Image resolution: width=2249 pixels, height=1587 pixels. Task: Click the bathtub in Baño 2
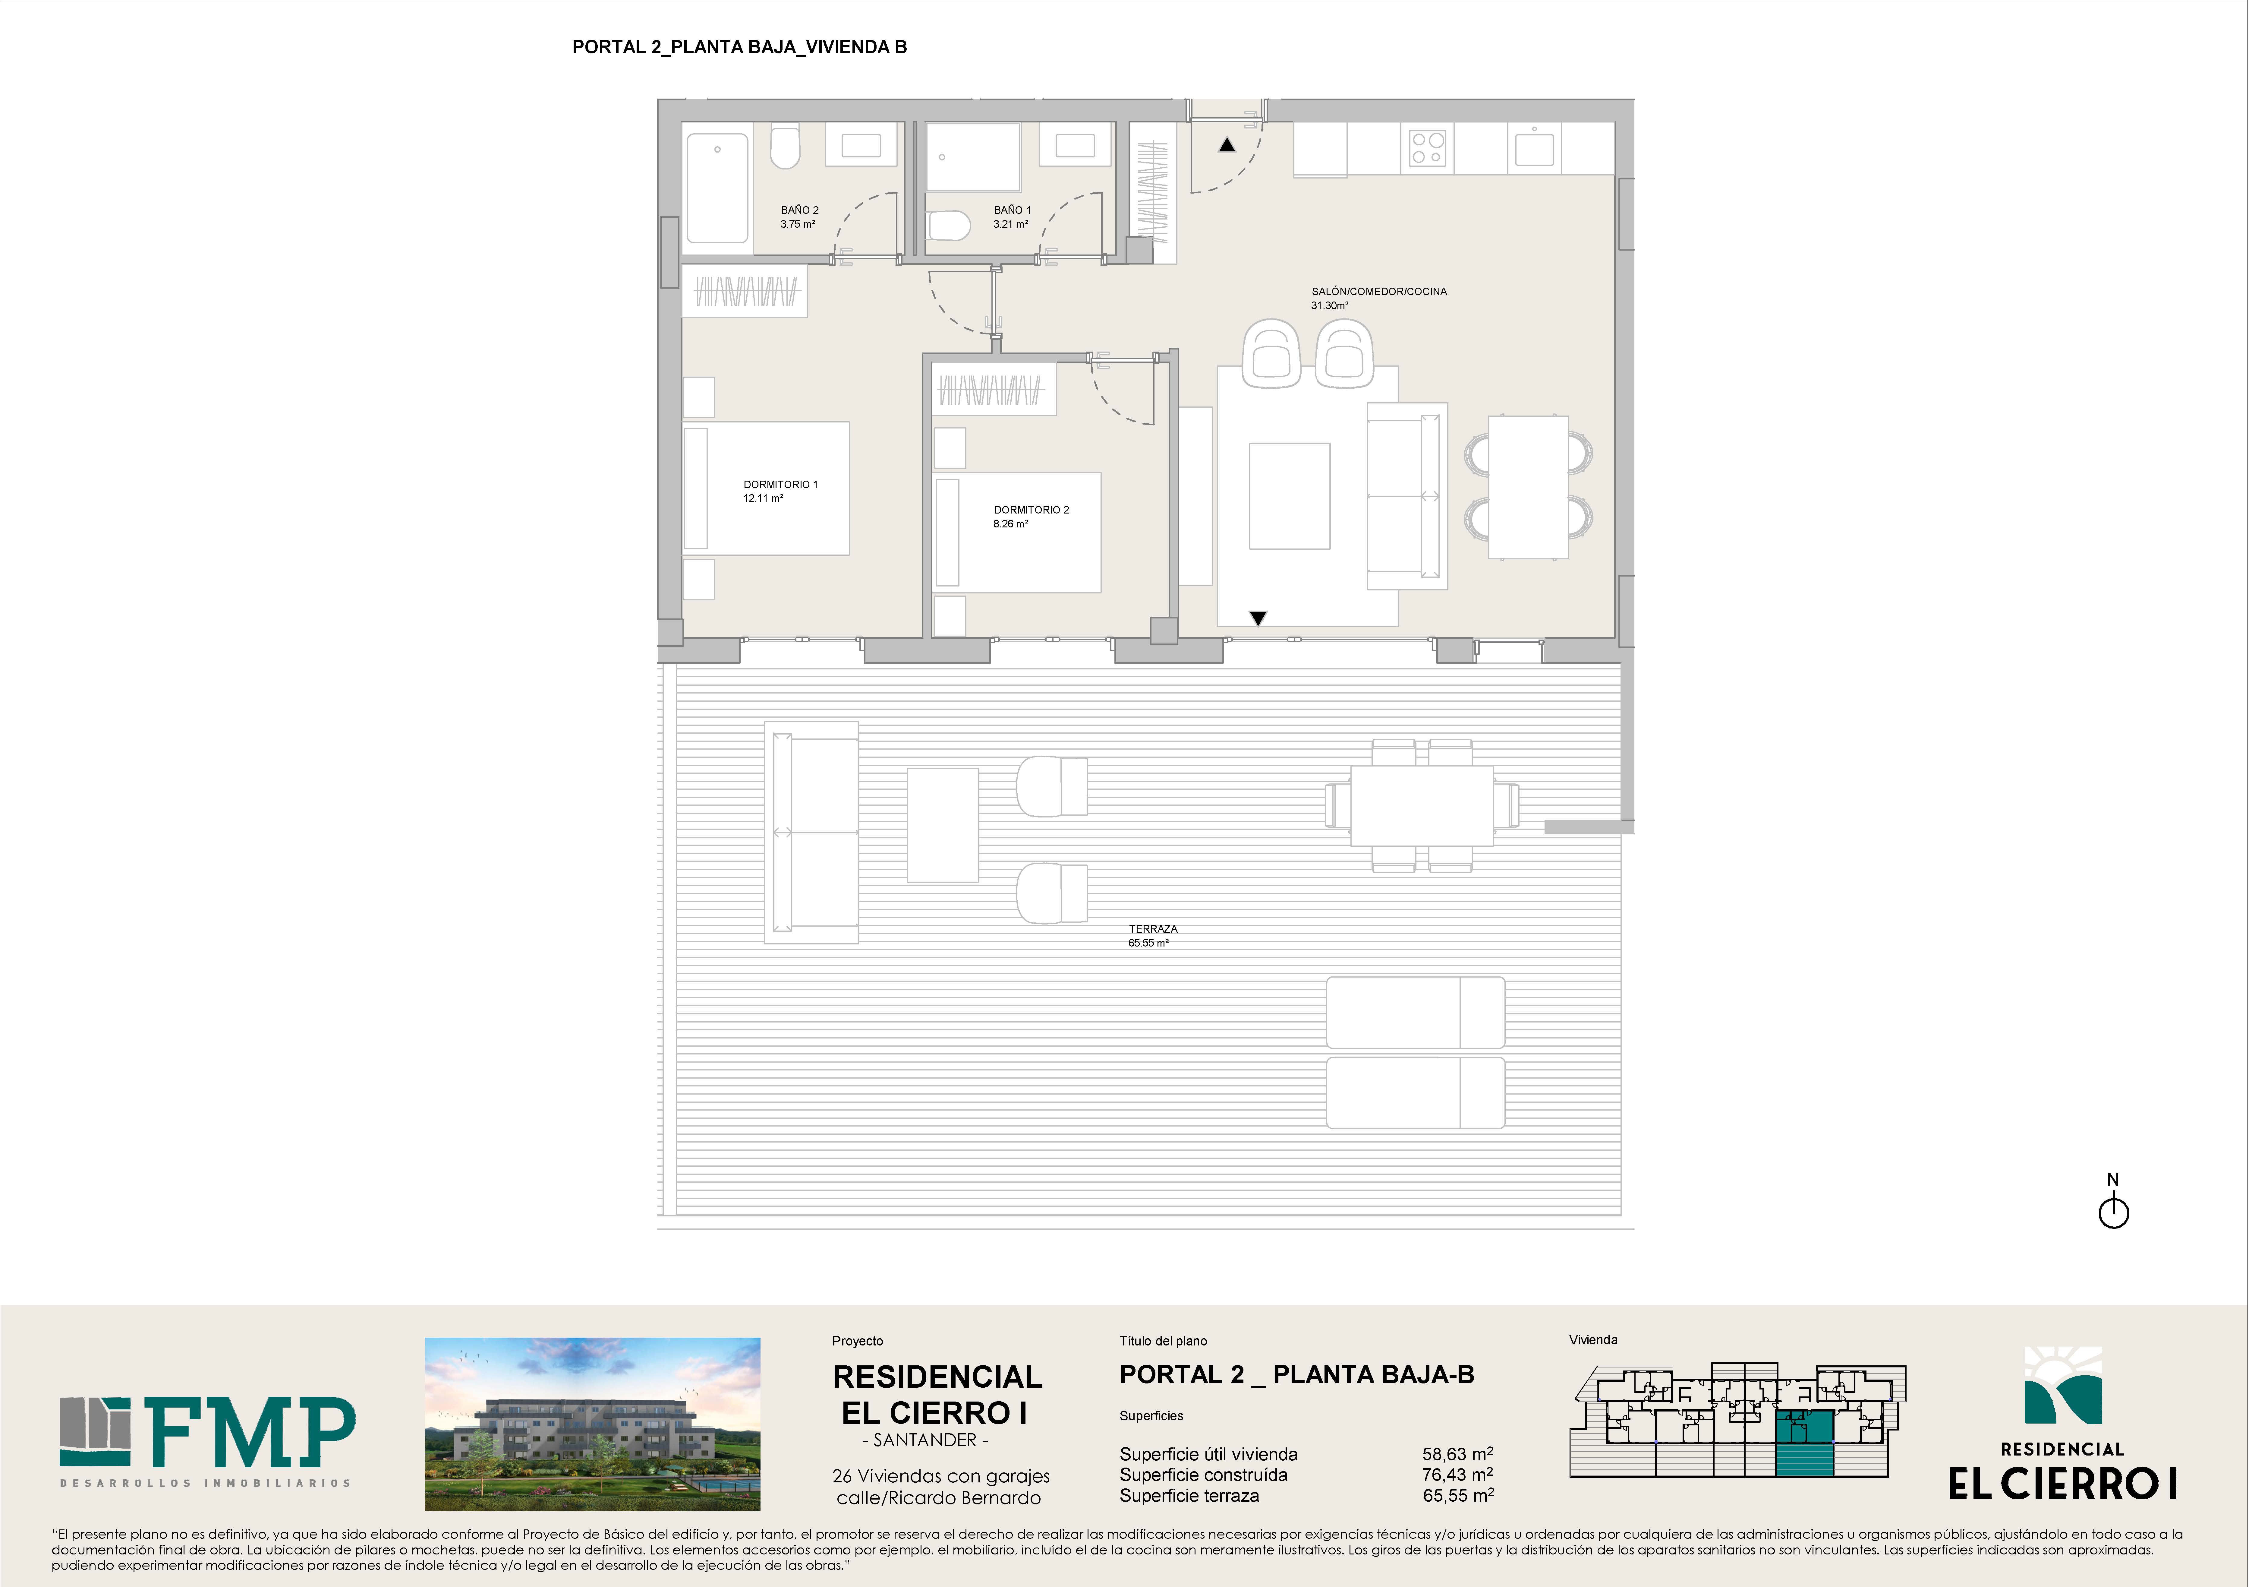718,187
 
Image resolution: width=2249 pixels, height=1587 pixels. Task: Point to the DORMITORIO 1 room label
780,491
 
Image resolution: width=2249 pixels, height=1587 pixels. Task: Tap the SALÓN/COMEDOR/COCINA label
1378,298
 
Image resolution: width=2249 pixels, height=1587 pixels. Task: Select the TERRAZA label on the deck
1152,936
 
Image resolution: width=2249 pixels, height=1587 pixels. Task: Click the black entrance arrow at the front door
1226,145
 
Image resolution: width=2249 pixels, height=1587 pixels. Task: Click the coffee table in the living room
1289,496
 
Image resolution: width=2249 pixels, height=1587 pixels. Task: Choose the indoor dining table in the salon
1528,487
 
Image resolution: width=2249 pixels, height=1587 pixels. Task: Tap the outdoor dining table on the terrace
1421,805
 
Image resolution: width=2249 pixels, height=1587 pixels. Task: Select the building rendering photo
593,1423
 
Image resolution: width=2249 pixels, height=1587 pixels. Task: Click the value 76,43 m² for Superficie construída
1457,1474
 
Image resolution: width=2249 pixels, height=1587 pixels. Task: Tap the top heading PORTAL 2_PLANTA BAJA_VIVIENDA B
739,47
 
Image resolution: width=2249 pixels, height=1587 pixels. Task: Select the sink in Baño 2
861,145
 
